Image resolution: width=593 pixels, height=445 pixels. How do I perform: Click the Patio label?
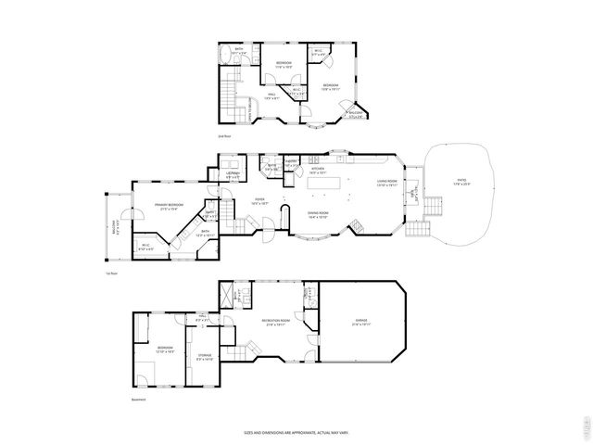(x=461, y=184)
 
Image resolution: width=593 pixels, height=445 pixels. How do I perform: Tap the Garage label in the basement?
(x=360, y=324)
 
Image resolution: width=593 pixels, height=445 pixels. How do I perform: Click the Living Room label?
(x=386, y=182)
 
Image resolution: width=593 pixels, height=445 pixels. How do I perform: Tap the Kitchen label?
(x=318, y=170)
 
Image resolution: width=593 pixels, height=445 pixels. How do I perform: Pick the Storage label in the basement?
(x=205, y=356)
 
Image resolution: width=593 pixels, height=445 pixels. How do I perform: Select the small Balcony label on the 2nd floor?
(x=356, y=114)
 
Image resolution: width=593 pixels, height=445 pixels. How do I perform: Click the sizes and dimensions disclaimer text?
(x=296, y=432)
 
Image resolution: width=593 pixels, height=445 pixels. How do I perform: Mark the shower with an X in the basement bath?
(x=223, y=297)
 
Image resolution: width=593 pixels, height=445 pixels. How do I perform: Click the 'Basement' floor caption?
(x=139, y=400)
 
